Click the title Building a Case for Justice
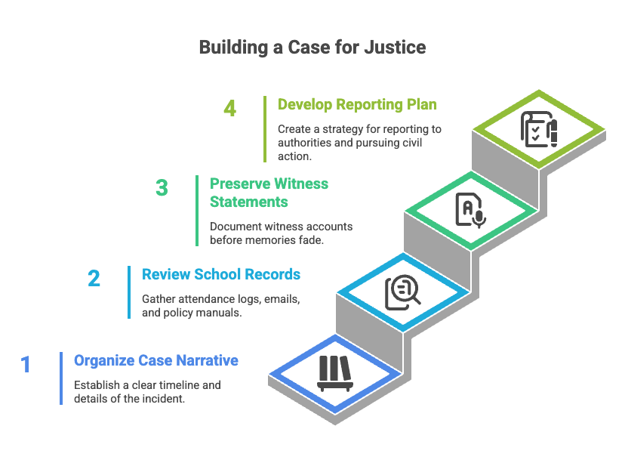pos(312,48)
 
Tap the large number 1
pos(26,365)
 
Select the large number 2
pos(94,279)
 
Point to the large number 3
pos(162,188)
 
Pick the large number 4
pos(230,109)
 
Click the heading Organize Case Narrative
pos(156,360)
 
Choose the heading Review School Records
pos(221,274)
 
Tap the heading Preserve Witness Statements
pos(269,193)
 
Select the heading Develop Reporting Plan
pos(357,104)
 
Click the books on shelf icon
pos(335,374)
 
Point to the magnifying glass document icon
pos(402,292)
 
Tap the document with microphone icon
pos(471,210)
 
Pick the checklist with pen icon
pos(539,129)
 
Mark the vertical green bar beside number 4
pos(265,129)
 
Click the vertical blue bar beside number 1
pos(61,378)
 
